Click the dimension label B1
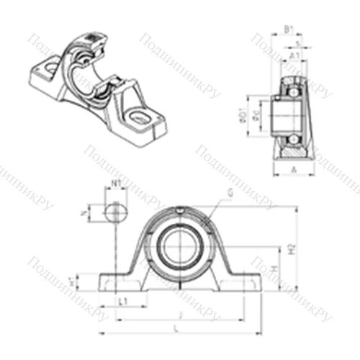pyautogui.click(x=288, y=30)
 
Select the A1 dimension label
pyautogui.click(x=294, y=55)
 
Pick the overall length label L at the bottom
pyautogui.click(x=177, y=328)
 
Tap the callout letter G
pyautogui.click(x=229, y=192)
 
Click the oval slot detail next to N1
pyautogui.click(x=114, y=212)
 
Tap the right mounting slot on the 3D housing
pyautogui.click(x=137, y=114)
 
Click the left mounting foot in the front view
pyautogui.click(x=115, y=282)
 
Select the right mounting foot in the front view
pyautogui.click(x=241, y=282)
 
